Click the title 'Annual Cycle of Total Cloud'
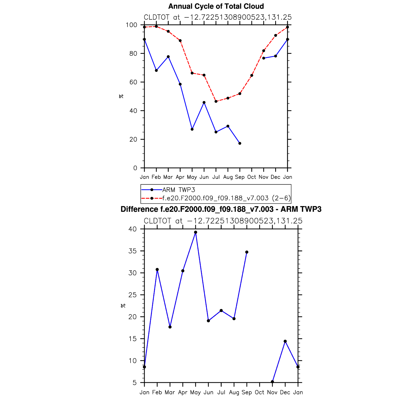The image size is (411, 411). [x=216, y=6]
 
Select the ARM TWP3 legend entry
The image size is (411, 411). [x=179, y=190]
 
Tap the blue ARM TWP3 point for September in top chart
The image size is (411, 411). [x=240, y=143]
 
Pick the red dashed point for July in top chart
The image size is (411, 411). [x=216, y=102]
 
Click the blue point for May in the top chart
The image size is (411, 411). [x=192, y=129]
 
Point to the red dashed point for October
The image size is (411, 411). [x=252, y=75]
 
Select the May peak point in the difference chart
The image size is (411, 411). [x=196, y=232]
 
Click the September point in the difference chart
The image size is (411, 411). [x=247, y=252]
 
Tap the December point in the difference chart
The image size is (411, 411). [x=285, y=341]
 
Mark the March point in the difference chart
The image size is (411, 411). [x=170, y=327]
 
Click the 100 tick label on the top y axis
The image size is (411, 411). [x=131, y=25]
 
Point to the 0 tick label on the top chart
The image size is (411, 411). [x=135, y=168]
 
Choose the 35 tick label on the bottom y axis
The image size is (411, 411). [x=132, y=251]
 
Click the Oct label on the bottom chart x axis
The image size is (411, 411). [x=260, y=392]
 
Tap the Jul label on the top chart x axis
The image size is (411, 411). [x=216, y=177]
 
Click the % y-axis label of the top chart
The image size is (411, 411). [x=121, y=96]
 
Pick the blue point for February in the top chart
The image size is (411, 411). [x=156, y=71]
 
